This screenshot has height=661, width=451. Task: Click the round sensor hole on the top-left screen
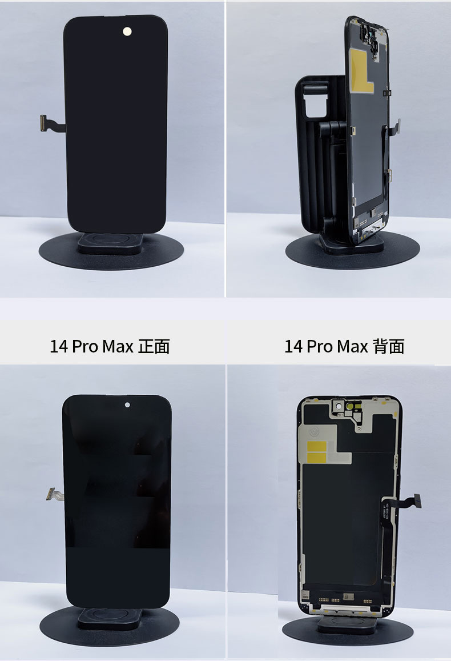coord(127,31)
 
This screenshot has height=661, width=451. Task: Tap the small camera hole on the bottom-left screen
coord(127,404)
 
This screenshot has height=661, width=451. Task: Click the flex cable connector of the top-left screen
coord(43,123)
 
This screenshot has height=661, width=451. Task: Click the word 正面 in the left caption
coord(154,347)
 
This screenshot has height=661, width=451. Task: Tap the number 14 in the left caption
coord(59,347)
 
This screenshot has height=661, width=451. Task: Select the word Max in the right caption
coord(352,347)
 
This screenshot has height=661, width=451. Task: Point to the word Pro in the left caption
coord(85,347)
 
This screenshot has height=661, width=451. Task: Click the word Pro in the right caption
coord(320,347)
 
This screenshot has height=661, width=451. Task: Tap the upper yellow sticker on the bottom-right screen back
coord(318,446)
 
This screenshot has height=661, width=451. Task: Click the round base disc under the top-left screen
coord(111,251)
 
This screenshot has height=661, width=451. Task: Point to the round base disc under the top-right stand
coord(352,252)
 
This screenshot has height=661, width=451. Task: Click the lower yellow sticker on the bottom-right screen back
coord(318,458)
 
